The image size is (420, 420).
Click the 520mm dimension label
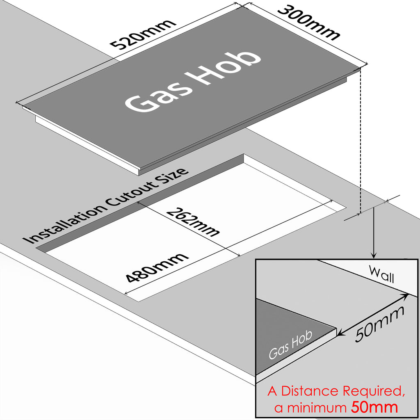(144, 33)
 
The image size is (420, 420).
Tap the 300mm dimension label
(308, 23)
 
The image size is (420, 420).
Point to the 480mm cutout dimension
(157, 267)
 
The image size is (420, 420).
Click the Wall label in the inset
(381, 274)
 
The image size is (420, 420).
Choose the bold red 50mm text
(374, 408)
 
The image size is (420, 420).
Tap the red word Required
(373, 392)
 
